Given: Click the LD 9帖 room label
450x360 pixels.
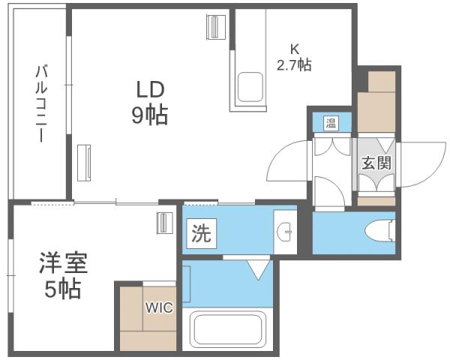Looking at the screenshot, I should [x=151, y=102].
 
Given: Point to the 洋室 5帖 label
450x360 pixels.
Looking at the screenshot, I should [x=63, y=276].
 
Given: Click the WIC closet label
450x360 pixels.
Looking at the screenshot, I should [x=159, y=307].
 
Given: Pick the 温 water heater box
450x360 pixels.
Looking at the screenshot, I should [x=331, y=123].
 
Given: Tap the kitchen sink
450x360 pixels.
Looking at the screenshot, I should [x=250, y=88].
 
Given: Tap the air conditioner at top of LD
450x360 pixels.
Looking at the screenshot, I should [x=217, y=28].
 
